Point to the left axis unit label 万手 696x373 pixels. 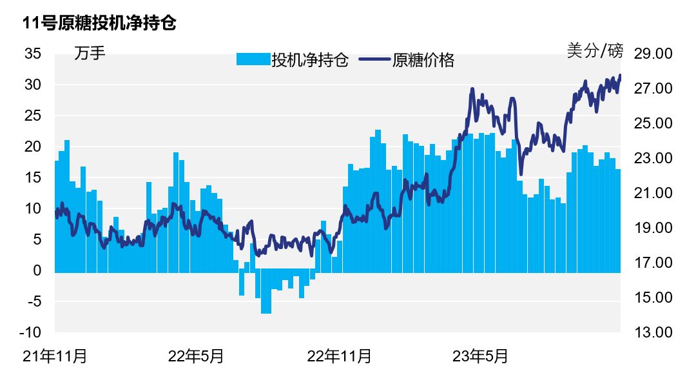tap(90, 53)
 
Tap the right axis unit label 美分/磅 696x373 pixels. tap(595, 50)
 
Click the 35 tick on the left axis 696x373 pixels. tap(33, 54)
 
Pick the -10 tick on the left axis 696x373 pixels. tap(30, 332)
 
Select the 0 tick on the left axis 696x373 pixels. tap(37, 270)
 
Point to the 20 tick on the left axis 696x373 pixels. tap(33, 146)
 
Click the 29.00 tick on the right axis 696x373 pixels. tap(653, 54)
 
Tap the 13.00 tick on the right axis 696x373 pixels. tap(653, 332)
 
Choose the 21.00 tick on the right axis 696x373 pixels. tap(653, 193)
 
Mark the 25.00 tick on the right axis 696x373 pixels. tap(653, 123)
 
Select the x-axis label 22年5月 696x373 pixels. tap(196, 356)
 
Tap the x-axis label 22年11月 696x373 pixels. tap(339, 356)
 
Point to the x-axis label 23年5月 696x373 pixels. tap(480, 356)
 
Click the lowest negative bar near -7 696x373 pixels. tap(266, 303)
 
